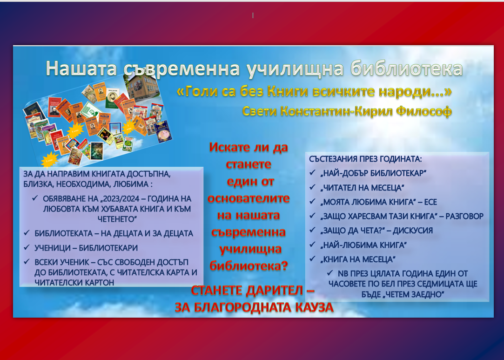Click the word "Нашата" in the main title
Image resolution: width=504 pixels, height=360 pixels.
pyautogui.click(x=81, y=68)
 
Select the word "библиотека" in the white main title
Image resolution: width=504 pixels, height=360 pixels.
pyautogui.click(x=407, y=68)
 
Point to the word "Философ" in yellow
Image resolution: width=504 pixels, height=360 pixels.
pyautogui.click(x=424, y=111)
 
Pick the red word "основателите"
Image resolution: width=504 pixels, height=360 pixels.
pyautogui.click(x=249, y=198)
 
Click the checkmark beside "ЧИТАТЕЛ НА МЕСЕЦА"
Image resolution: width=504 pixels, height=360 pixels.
pyautogui.click(x=312, y=187)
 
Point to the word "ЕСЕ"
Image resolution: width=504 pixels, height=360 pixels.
pyautogui.click(x=430, y=202)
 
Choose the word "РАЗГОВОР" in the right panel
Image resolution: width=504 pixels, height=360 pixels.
pyautogui.click(x=464, y=216)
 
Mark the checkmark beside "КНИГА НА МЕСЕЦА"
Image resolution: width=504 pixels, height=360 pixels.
pyautogui.click(x=312, y=258)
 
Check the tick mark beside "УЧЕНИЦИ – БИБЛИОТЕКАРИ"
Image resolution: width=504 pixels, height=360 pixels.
pyautogui.click(x=27, y=247)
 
